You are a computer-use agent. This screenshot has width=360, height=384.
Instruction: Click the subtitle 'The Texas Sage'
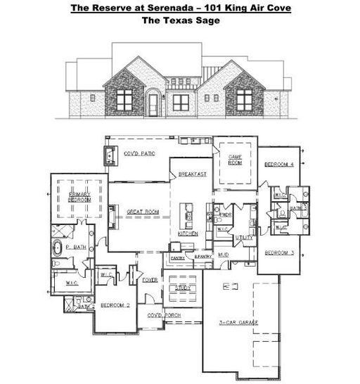pyautogui.click(x=179, y=20)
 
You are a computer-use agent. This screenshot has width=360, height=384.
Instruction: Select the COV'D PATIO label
pyautogui.click(x=139, y=153)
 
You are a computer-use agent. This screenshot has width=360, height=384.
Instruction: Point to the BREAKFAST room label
pyautogui.click(x=191, y=173)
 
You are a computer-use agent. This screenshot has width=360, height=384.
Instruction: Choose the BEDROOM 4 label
pyautogui.click(x=278, y=164)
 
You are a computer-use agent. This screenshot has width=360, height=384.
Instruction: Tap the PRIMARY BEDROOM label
pyautogui.click(x=80, y=196)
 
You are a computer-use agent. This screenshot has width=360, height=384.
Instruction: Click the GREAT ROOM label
pyautogui.click(x=143, y=211)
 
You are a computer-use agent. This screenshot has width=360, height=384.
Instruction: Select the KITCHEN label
pyautogui.click(x=187, y=233)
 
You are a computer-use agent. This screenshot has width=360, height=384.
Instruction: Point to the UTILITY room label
pyautogui.click(x=244, y=238)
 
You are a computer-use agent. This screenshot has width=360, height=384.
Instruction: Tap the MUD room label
pyautogui.click(x=224, y=253)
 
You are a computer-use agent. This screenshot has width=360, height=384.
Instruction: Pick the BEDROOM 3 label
pyautogui.click(x=278, y=252)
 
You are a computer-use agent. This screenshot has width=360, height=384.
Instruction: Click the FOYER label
pyautogui.click(x=150, y=279)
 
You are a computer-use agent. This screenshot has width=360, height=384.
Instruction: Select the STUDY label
pyautogui.click(x=184, y=287)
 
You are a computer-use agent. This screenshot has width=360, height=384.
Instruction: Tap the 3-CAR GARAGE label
pyautogui.click(x=240, y=321)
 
